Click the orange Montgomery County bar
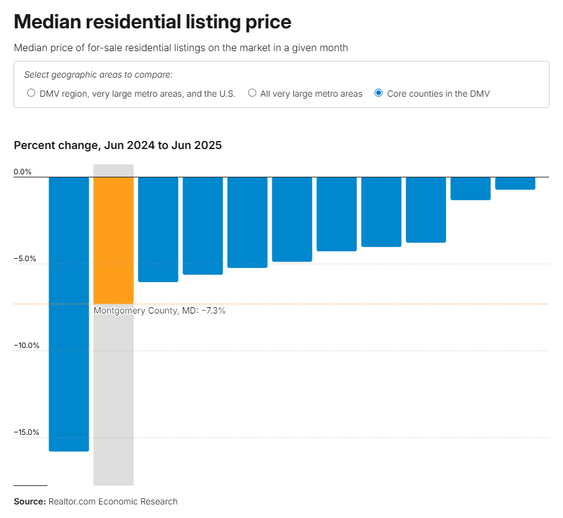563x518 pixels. (x=113, y=240)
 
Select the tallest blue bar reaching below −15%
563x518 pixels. (x=69, y=314)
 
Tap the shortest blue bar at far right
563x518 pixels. (x=515, y=183)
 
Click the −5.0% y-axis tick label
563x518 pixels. (x=25, y=259)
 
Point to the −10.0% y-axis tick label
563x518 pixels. (x=26, y=346)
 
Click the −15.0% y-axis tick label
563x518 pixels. (x=26, y=432)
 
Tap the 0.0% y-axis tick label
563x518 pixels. (x=23, y=172)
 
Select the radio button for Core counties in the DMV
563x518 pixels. (x=379, y=94)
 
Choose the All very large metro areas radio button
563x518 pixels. (x=253, y=94)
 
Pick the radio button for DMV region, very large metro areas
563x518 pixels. (x=31, y=94)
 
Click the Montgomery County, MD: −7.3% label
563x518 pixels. (x=160, y=311)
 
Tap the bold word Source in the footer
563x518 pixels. (x=30, y=501)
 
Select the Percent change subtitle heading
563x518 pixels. (x=118, y=145)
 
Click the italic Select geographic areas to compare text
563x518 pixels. (x=99, y=75)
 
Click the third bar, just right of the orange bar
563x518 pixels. (x=158, y=229)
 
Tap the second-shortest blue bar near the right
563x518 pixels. (x=471, y=188)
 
